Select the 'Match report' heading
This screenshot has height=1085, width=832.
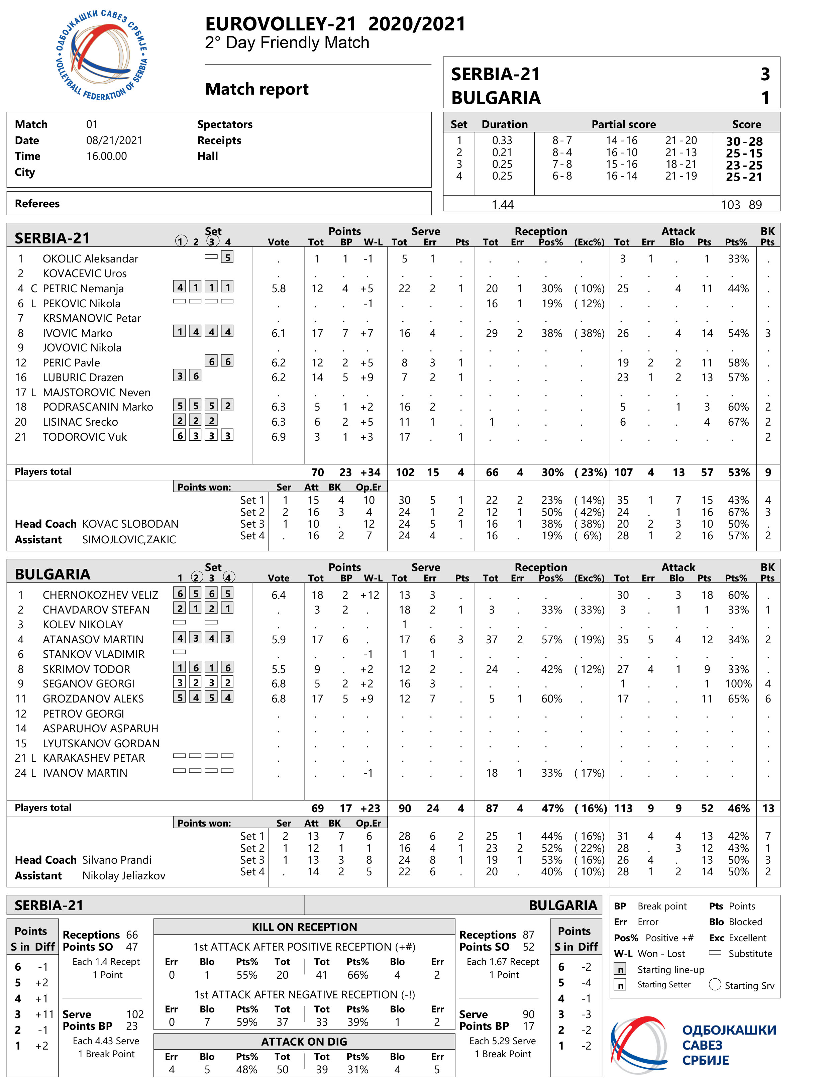click(256, 89)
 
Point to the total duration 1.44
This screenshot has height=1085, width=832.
click(502, 205)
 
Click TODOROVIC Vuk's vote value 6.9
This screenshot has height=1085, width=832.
click(278, 437)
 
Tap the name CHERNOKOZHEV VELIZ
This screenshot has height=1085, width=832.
click(100, 595)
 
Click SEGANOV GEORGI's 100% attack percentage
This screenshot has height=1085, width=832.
click(738, 683)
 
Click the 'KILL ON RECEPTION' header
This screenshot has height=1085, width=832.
click(304, 927)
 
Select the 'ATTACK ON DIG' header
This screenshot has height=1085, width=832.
click(304, 1042)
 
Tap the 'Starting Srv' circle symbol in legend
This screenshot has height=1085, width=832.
click(715, 984)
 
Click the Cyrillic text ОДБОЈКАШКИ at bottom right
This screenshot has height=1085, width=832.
click(729, 1030)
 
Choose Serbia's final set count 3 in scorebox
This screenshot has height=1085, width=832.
click(765, 74)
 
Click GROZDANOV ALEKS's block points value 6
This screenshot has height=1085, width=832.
click(767, 699)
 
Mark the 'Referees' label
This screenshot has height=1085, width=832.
click(37, 204)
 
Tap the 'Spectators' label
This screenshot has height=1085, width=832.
click(225, 124)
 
